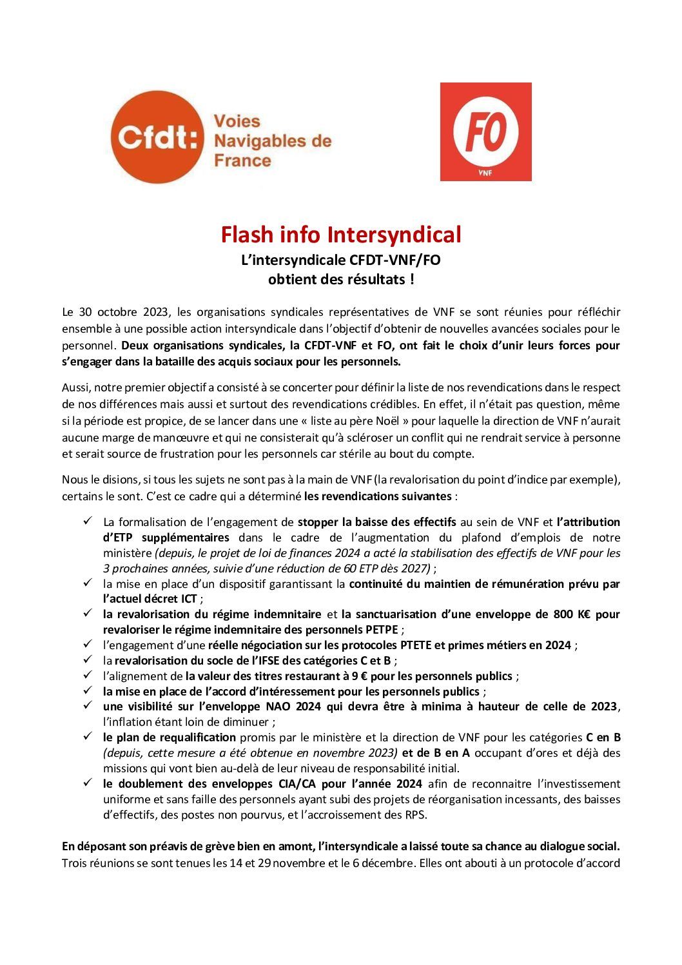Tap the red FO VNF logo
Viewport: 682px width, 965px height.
[485, 132]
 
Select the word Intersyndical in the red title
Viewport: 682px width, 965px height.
[394, 235]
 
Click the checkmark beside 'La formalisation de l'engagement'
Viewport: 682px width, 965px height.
[88, 521]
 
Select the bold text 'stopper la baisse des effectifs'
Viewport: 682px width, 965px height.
[377, 521]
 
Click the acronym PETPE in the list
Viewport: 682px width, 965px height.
[383, 629]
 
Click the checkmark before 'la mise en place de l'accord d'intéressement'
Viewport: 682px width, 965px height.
[88, 690]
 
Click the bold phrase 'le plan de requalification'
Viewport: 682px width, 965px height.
[170, 737]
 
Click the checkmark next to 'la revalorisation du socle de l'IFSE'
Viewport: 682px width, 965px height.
[88, 659]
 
